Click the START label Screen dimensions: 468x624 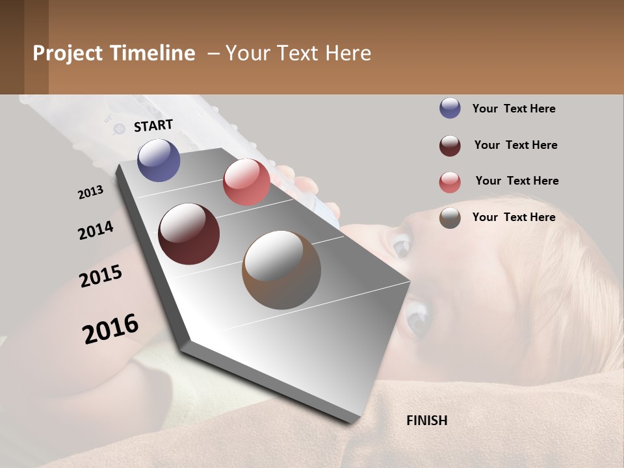point(153,125)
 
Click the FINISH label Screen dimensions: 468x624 point(426,421)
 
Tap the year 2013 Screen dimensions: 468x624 point(90,192)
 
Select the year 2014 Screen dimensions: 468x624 point(96,231)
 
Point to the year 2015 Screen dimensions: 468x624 point(101,276)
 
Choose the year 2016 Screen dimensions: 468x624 point(110,329)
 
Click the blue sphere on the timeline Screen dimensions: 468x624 point(159,160)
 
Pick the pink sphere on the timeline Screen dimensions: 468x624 point(246,182)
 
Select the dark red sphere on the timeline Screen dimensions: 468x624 point(188,234)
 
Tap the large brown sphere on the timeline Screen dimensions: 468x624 point(281,270)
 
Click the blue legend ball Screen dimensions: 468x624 point(450,109)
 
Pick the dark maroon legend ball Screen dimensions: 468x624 point(450,146)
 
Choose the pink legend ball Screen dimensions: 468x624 point(450,182)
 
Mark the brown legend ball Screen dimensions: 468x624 point(450,218)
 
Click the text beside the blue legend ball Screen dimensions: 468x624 point(513,109)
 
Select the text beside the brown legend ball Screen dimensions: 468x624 point(513,217)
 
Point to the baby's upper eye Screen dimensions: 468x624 point(400,245)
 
